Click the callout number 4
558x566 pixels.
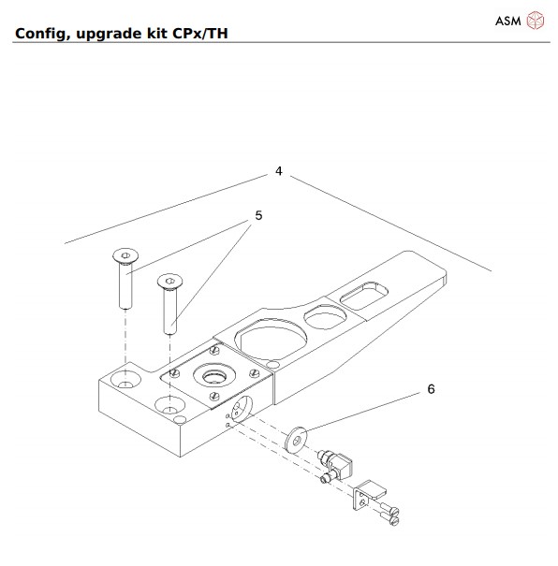[278, 171]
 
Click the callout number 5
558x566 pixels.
[258, 214]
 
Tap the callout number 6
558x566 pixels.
[430, 388]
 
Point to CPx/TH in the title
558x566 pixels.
[198, 36]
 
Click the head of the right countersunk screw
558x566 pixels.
[169, 280]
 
